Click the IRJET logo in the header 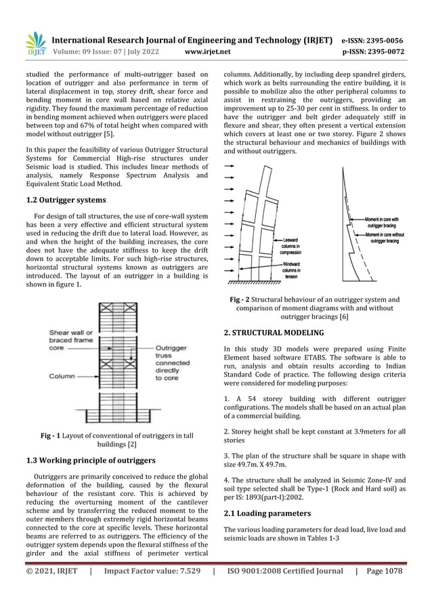(35, 44)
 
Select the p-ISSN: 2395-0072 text (374, 51)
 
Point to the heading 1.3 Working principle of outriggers (90, 461)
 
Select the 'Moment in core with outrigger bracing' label (382, 222)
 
